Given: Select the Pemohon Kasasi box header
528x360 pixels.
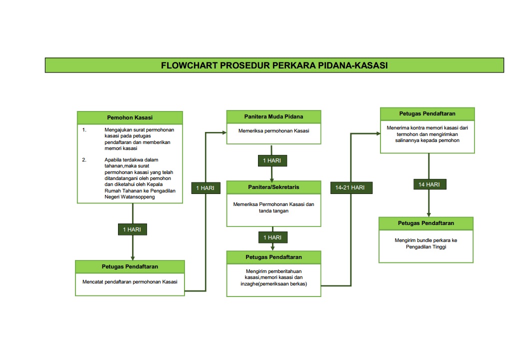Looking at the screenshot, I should (129, 117).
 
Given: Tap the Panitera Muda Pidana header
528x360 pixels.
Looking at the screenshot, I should (273, 116).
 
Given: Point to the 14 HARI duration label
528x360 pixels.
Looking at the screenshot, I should (429, 184).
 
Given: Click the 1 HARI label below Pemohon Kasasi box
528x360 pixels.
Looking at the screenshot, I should (132, 229).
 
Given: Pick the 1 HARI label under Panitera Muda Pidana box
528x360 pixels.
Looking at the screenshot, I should (271, 160).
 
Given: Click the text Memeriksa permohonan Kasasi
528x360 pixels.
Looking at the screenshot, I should (273, 131).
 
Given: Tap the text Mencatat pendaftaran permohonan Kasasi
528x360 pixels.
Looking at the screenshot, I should (130, 281).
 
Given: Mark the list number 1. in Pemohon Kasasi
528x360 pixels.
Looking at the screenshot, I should (84, 129).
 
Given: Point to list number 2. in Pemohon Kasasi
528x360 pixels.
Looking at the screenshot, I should (84, 159).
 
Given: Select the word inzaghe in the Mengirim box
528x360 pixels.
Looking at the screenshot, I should (249, 284).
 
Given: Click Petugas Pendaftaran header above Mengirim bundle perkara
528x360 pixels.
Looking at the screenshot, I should (426, 222).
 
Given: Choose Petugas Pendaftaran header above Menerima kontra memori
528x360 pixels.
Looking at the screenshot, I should (427, 113).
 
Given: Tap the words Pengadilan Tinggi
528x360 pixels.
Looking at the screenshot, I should (426, 246).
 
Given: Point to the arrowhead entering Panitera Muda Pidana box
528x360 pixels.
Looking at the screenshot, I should (224, 132).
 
